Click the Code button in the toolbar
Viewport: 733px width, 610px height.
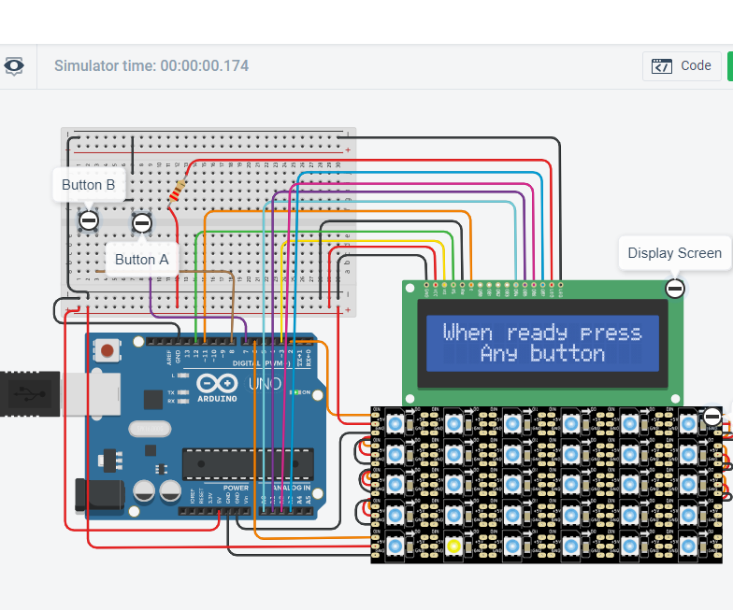[x=682, y=66]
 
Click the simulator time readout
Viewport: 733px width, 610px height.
[x=151, y=66]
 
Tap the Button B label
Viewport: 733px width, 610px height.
[x=88, y=185]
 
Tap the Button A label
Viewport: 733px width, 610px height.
[x=141, y=260]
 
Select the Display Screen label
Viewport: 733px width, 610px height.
[x=674, y=253]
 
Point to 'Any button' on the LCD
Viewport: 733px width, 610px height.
[x=541, y=354]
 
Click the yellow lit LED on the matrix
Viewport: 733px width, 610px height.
[x=453, y=546]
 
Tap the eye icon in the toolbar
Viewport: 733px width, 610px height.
[x=14, y=66]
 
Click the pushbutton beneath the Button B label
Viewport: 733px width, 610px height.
[x=88, y=220]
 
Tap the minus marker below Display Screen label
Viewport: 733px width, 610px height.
[x=674, y=288]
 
